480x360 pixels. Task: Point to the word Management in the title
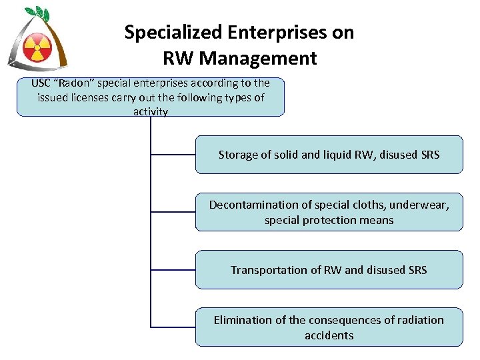pyautogui.click(x=258, y=58)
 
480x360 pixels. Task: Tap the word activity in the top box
pyautogui.click(x=150, y=111)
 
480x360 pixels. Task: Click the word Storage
pyautogui.click(x=238, y=155)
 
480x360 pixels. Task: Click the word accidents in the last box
pyautogui.click(x=329, y=335)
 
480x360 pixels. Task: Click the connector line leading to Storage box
pyautogui.click(x=173, y=155)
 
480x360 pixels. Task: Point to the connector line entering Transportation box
pyautogui.click(x=173, y=270)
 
